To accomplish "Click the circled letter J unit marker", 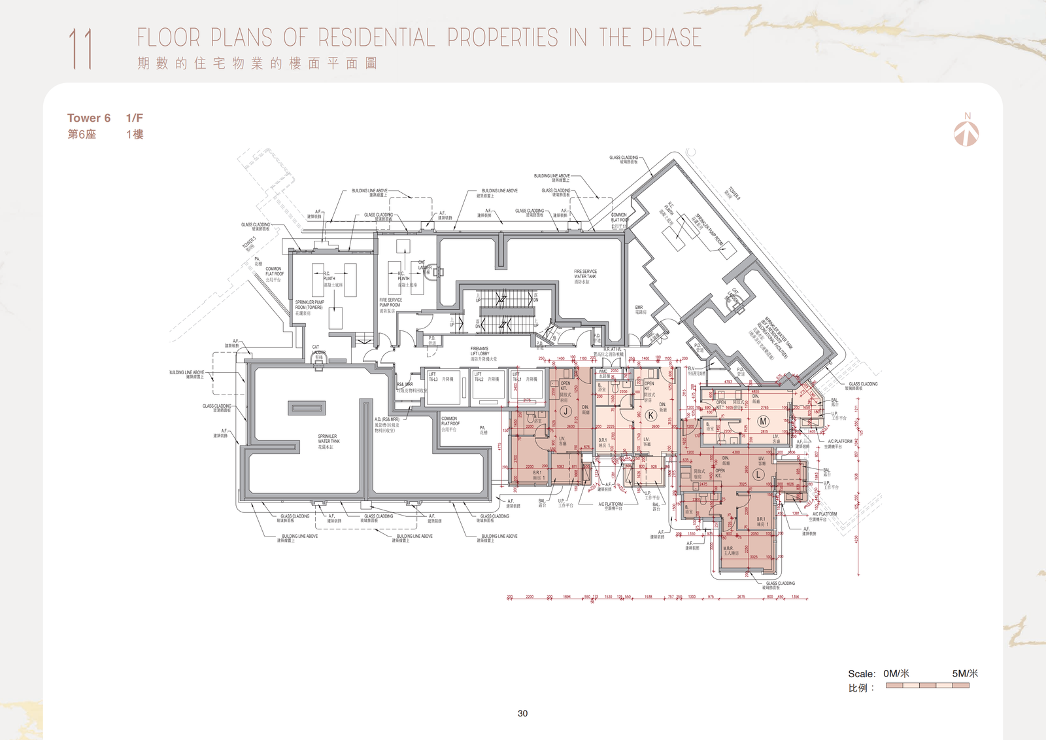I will pyautogui.click(x=565, y=412).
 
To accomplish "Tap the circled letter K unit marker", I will pyautogui.click(x=650, y=415).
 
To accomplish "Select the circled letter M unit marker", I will pyautogui.click(x=763, y=421).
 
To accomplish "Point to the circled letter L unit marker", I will pyautogui.click(x=758, y=474).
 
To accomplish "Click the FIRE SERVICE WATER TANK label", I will pyautogui.click(x=585, y=275).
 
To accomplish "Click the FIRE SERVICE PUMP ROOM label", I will pyautogui.click(x=390, y=304).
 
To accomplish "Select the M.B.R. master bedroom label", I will pyautogui.click(x=730, y=550).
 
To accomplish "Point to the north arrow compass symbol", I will pyautogui.click(x=966, y=131).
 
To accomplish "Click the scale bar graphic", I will pyautogui.click(x=927, y=686).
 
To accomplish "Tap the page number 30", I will pyautogui.click(x=522, y=713).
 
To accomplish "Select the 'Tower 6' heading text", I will pyautogui.click(x=88, y=118).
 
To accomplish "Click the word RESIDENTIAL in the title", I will pyautogui.click(x=377, y=37).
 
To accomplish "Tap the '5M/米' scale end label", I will pyautogui.click(x=964, y=673).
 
